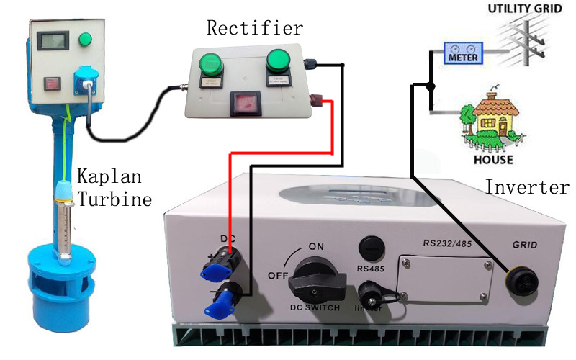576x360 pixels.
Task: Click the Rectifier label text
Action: [x=255, y=29]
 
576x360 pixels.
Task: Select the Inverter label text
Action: [x=527, y=187]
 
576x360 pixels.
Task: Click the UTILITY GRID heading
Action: [x=523, y=9]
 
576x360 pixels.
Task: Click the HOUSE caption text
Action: [x=493, y=159]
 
